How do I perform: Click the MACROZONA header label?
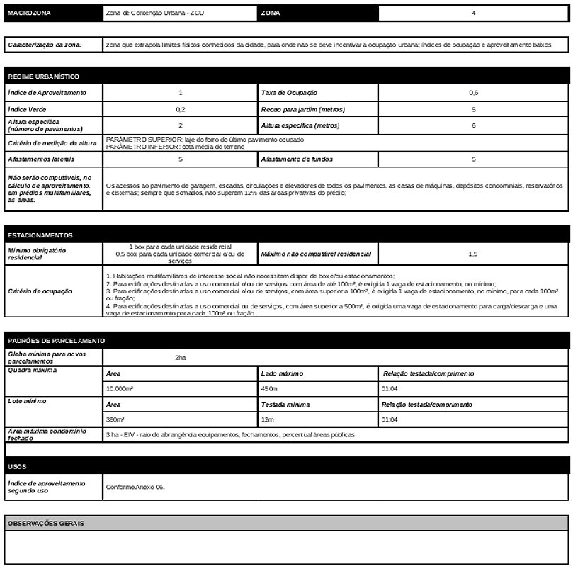[x=29, y=13]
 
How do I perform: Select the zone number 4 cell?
[x=473, y=13]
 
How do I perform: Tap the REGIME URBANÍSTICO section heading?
[x=42, y=76]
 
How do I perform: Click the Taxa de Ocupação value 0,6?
[x=473, y=93]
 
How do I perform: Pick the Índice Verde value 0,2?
[x=181, y=110]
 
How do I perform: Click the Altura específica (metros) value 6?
[x=473, y=125]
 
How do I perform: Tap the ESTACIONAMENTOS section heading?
[x=40, y=235]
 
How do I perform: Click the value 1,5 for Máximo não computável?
[x=473, y=254]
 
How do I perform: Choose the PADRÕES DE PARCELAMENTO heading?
[x=56, y=341]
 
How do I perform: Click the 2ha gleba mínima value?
[x=181, y=358]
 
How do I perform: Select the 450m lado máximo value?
[x=270, y=389]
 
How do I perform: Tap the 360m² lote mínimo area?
[x=115, y=419]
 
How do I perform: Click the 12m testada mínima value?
[x=267, y=419]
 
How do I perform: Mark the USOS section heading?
[x=17, y=466]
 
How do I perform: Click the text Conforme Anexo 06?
[x=135, y=488]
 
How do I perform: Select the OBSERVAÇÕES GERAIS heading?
[x=45, y=523]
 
